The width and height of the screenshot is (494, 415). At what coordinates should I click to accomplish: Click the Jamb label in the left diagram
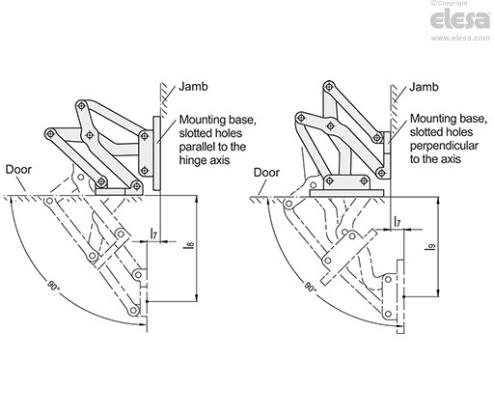click(x=197, y=88)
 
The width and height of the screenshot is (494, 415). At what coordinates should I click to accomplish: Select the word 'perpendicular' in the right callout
click(x=440, y=152)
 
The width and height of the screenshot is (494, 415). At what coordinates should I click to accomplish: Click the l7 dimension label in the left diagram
click(x=155, y=235)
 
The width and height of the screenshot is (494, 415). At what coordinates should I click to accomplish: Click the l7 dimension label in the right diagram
click(x=398, y=223)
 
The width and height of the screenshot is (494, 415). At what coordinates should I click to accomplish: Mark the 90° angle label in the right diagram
click(x=309, y=289)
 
